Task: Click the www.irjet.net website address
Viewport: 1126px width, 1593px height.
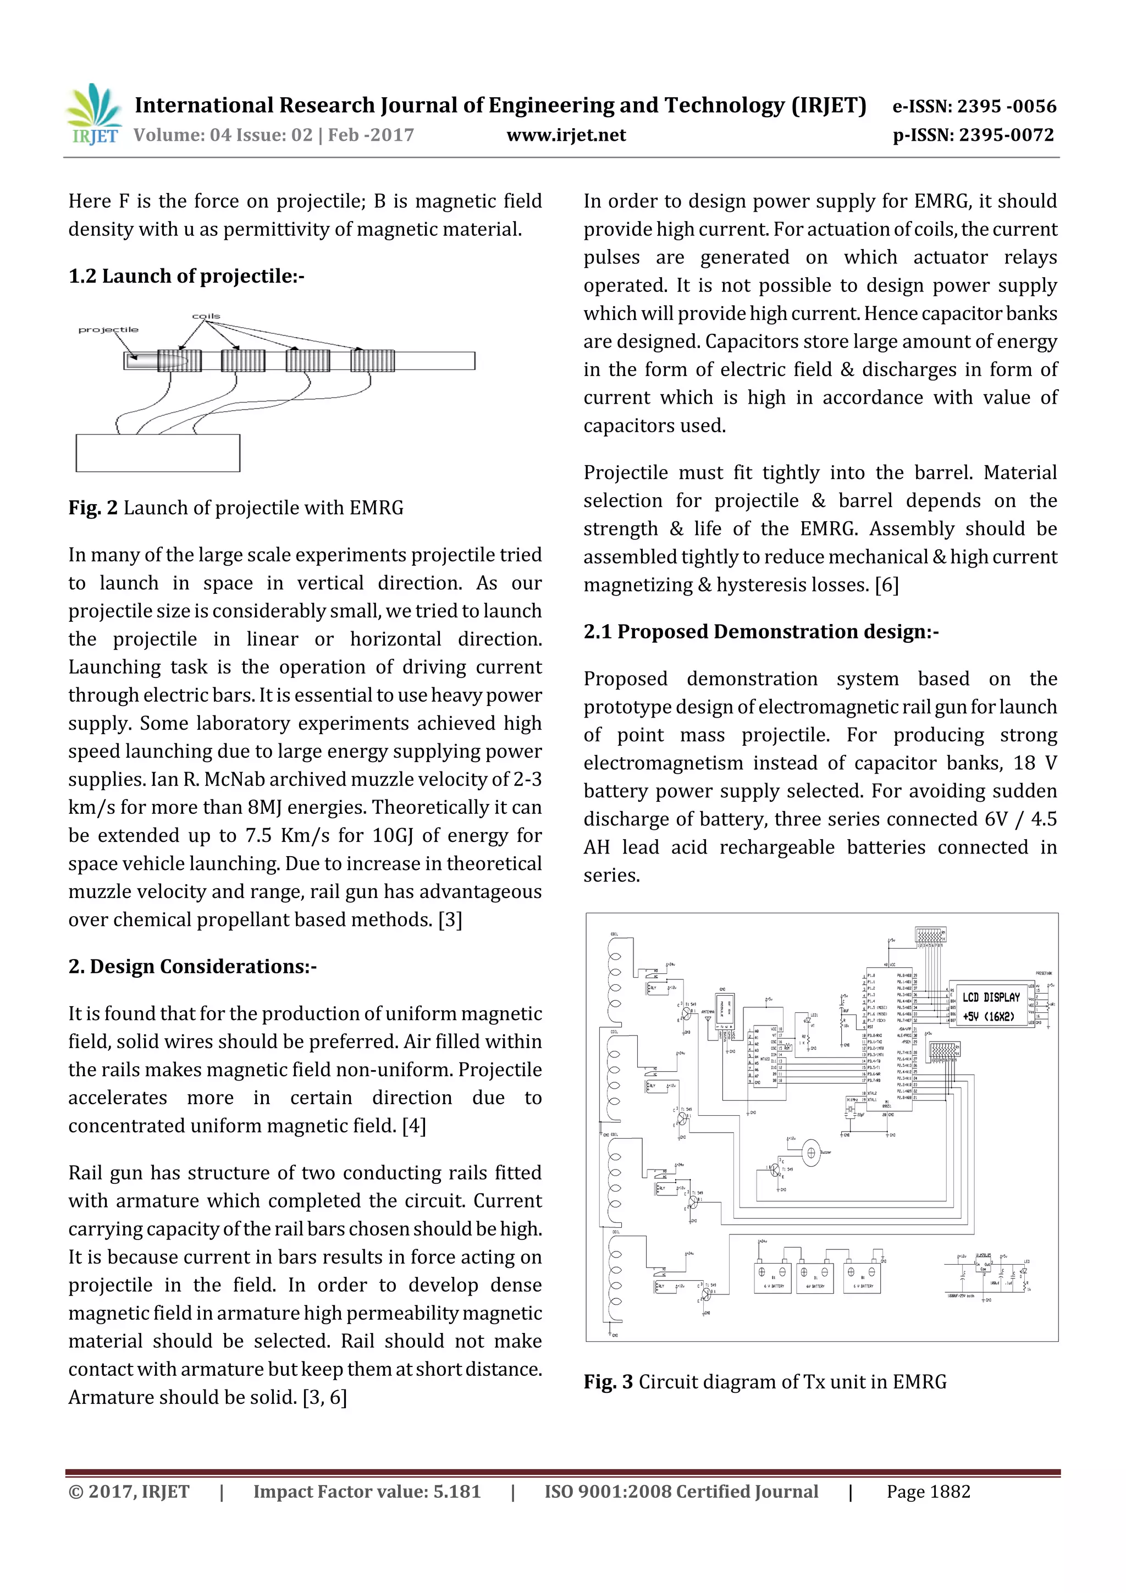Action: click(x=566, y=135)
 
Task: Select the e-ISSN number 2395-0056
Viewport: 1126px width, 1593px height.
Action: click(x=974, y=106)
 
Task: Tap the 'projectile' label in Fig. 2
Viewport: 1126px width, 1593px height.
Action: click(x=108, y=329)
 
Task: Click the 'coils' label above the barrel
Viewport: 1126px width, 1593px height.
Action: click(x=206, y=316)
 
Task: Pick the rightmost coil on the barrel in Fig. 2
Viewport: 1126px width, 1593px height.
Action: click(x=373, y=361)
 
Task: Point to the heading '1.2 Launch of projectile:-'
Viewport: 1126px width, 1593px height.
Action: click(x=186, y=276)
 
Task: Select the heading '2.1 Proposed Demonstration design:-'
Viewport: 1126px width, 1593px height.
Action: click(x=760, y=631)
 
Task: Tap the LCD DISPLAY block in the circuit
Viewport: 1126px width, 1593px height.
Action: click(x=991, y=1007)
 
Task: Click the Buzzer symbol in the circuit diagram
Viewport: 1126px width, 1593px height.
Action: click(x=810, y=1153)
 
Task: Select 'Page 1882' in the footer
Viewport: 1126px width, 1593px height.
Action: click(x=928, y=1491)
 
